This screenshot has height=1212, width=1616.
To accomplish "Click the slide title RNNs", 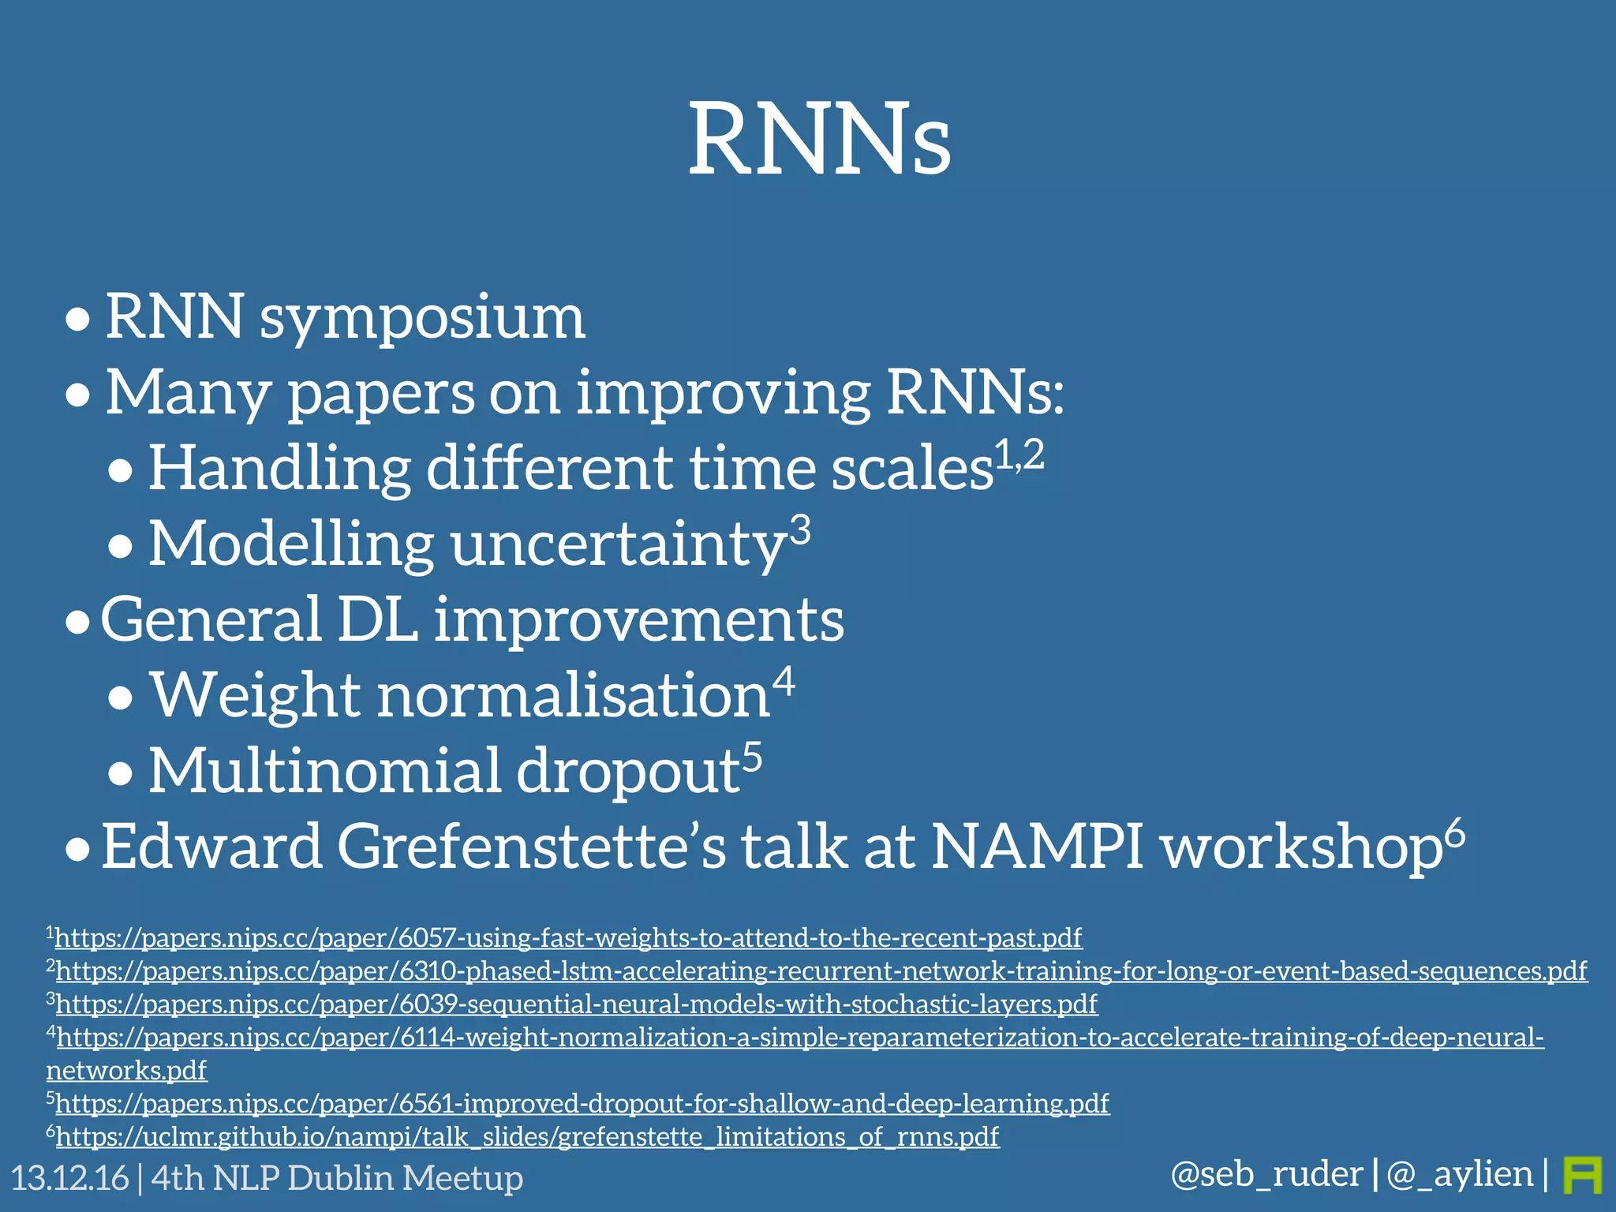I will click(820, 140).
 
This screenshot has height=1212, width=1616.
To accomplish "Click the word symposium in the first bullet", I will click(422, 317).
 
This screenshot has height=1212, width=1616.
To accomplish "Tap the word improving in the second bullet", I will click(722, 392).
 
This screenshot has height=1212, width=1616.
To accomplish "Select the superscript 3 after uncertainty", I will click(800, 530).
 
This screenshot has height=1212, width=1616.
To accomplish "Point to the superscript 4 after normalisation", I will click(783, 680).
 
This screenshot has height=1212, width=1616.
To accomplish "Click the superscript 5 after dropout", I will click(752, 756).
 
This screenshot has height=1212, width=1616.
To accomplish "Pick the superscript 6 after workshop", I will click(1454, 833).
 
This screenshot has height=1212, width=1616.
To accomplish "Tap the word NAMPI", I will click(1037, 847).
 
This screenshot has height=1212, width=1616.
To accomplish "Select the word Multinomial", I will click(324, 771).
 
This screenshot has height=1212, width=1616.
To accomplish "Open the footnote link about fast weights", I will click(568, 937).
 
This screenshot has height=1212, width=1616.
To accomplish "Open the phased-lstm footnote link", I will click(821, 971).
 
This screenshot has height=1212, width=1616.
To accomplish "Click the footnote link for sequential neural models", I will click(576, 1004).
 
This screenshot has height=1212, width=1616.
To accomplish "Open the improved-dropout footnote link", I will click(582, 1103).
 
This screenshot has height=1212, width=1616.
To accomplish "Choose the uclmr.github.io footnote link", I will click(527, 1136).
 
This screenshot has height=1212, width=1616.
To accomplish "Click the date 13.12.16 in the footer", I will click(69, 1178).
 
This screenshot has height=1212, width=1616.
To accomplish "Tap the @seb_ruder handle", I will click(1266, 1174).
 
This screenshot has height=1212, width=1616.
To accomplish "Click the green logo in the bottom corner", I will click(1581, 1175).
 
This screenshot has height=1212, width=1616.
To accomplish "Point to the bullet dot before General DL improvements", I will click(77, 623).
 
